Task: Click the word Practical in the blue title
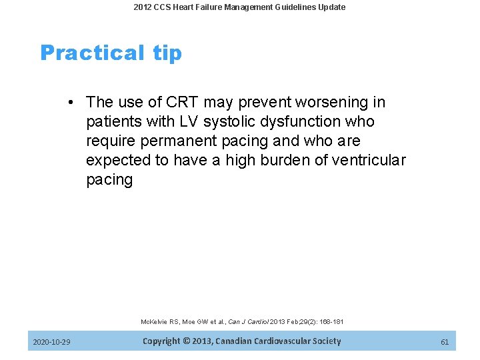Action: tap(92, 53)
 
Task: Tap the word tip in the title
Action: tap(167, 53)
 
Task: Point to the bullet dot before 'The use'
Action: tap(70, 103)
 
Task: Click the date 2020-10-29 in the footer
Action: tap(52, 342)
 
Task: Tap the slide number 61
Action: tap(445, 342)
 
